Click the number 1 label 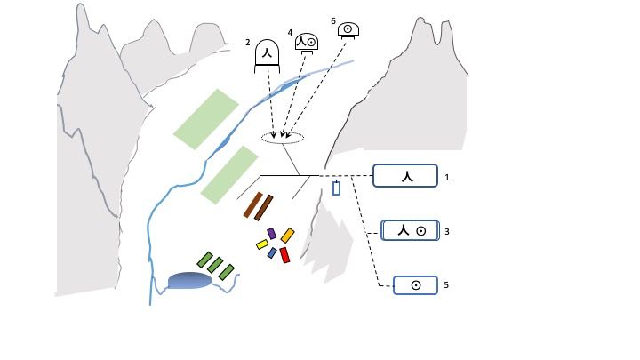(x=448, y=177)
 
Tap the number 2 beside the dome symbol (x=248, y=42)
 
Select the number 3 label (x=447, y=231)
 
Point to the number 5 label (x=446, y=285)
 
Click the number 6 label (x=333, y=20)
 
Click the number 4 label (x=290, y=32)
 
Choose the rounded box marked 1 (x=405, y=176)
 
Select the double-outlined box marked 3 (x=411, y=230)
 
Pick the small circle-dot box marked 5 (x=414, y=285)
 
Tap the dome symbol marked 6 (x=348, y=30)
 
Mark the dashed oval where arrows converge (x=283, y=137)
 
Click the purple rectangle (x=271, y=233)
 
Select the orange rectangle (x=287, y=236)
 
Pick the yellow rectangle (x=262, y=244)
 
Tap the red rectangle (x=284, y=255)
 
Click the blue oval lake (x=189, y=281)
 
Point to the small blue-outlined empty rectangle (x=336, y=188)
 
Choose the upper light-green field (x=206, y=119)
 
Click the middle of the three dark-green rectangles (x=215, y=265)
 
